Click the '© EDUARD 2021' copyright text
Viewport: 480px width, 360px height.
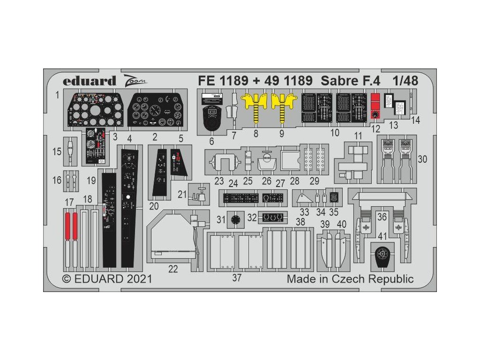pyautogui.click(x=107, y=279)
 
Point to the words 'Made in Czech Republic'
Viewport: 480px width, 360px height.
pyautogui.click(x=350, y=279)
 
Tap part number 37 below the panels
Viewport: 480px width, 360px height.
pyautogui.click(x=237, y=278)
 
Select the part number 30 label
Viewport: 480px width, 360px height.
pyautogui.click(x=422, y=159)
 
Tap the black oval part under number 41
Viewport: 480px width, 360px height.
pyautogui.click(x=383, y=256)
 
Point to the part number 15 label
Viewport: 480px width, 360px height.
pyautogui.click(x=57, y=152)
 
